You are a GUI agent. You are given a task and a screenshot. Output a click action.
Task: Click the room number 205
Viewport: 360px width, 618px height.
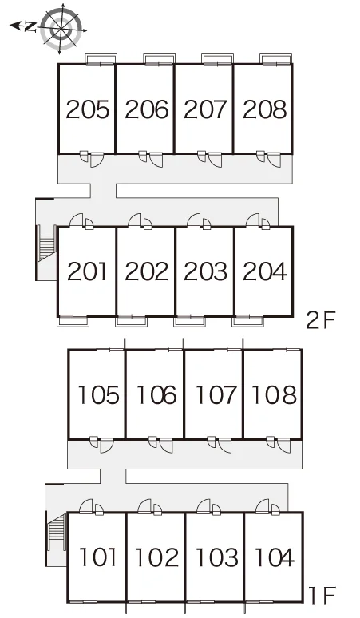(x=88, y=109)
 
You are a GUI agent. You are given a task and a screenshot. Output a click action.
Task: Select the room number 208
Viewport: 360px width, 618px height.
(x=265, y=109)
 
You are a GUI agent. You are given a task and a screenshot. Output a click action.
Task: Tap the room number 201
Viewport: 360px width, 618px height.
(x=87, y=271)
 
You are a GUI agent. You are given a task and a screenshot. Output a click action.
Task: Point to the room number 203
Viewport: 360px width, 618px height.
(x=206, y=271)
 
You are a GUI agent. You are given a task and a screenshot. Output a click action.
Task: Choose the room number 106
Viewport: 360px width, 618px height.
(x=156, y=395)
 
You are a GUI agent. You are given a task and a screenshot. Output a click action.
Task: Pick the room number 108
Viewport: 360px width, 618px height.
(x=274, y=395)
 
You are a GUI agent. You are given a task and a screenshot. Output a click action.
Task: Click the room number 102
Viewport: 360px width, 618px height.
(x=156, y=557)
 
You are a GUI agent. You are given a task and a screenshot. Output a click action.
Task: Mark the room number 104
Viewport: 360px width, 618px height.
(x=275, y=557)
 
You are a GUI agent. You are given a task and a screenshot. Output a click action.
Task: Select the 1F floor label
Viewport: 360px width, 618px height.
(x=322, y=596)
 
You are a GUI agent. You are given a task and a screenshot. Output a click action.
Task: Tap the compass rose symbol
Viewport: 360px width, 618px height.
(x=61, y=29)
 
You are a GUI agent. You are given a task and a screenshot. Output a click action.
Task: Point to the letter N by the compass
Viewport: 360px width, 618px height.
(x=30, y=27)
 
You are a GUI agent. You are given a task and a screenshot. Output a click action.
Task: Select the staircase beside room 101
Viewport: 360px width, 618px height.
(x=57, y=532)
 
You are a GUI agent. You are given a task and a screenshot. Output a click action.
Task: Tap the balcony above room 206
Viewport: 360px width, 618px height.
(x=159, y=59)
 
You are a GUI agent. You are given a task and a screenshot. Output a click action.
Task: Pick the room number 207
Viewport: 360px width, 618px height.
(x=206, y=109)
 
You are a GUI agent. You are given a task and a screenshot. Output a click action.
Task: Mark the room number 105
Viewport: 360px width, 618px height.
(x=98, y=395)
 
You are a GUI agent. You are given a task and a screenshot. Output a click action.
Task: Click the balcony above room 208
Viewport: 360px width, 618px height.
(x=275, y=59)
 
